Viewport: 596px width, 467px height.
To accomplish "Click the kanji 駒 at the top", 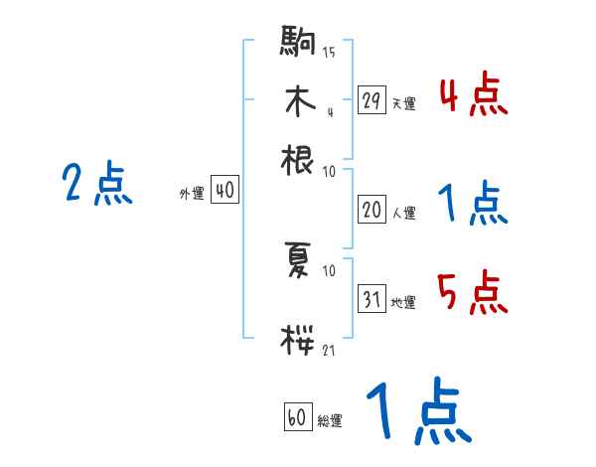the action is [x=298, y=44].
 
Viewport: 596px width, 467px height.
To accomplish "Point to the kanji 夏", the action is [x=298, y=260].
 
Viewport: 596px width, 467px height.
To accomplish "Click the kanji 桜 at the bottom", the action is [x=298, y=339].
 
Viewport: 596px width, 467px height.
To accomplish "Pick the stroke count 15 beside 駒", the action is [x=329, y=53].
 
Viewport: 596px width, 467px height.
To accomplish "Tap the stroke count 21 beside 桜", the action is [x=329, y=349].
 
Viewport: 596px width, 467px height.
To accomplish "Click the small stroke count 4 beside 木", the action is [x=330, y=111].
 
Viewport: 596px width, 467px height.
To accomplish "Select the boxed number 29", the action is [x=372, y=100].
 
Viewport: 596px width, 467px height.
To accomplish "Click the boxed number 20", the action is [x=372, y=210].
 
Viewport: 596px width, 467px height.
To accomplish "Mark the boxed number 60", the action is [x=297, y=418].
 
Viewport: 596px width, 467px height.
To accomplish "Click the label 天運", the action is [x=403, y=103].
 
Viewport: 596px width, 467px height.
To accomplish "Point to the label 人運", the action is [x=403, y=213].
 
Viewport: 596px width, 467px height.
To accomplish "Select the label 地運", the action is [x=403, y=302].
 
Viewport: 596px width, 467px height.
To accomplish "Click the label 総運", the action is [x=330, y=421].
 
